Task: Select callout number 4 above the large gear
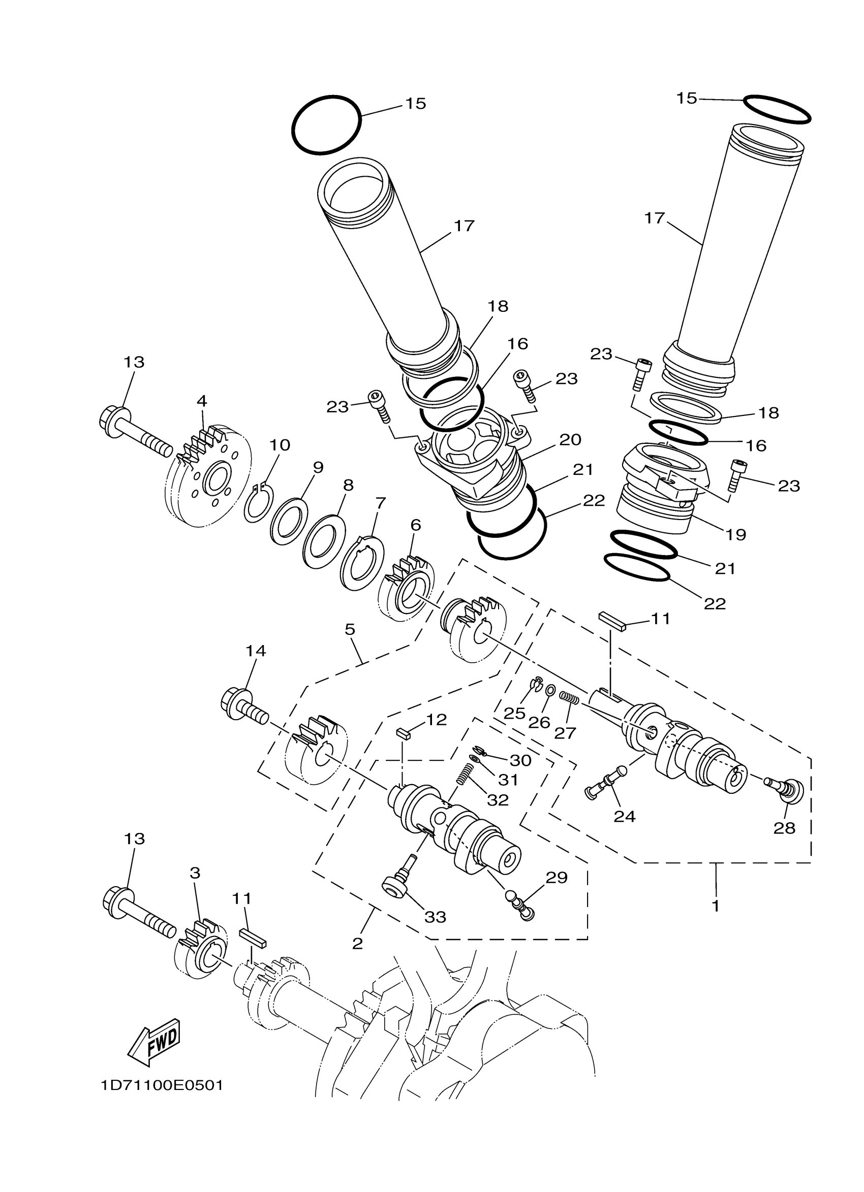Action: pos(202,401)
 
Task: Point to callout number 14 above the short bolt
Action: pos(256,651)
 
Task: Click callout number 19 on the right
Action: pos(736,534)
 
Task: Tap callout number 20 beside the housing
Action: pos(570,439)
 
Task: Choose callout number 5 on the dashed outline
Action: pos(350,629)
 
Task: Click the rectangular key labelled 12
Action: pos(404,734)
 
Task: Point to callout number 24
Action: pos(625,816)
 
